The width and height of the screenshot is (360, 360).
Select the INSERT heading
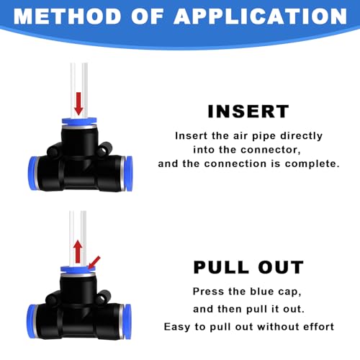248,112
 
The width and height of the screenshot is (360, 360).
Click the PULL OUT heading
248,267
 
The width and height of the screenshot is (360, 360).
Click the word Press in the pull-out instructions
207,292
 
